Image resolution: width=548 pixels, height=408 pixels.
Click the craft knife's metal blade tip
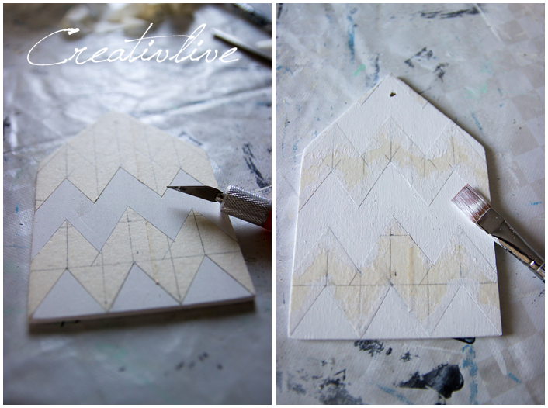(168, 188)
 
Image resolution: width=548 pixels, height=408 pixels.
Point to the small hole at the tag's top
(393, 93)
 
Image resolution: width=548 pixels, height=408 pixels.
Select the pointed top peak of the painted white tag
(390, 74)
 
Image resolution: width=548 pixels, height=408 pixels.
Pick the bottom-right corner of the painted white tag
(501, 334)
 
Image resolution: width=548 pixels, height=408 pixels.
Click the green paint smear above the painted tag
(359, 70)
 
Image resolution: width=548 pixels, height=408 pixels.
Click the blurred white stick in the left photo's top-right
(241, 46)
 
